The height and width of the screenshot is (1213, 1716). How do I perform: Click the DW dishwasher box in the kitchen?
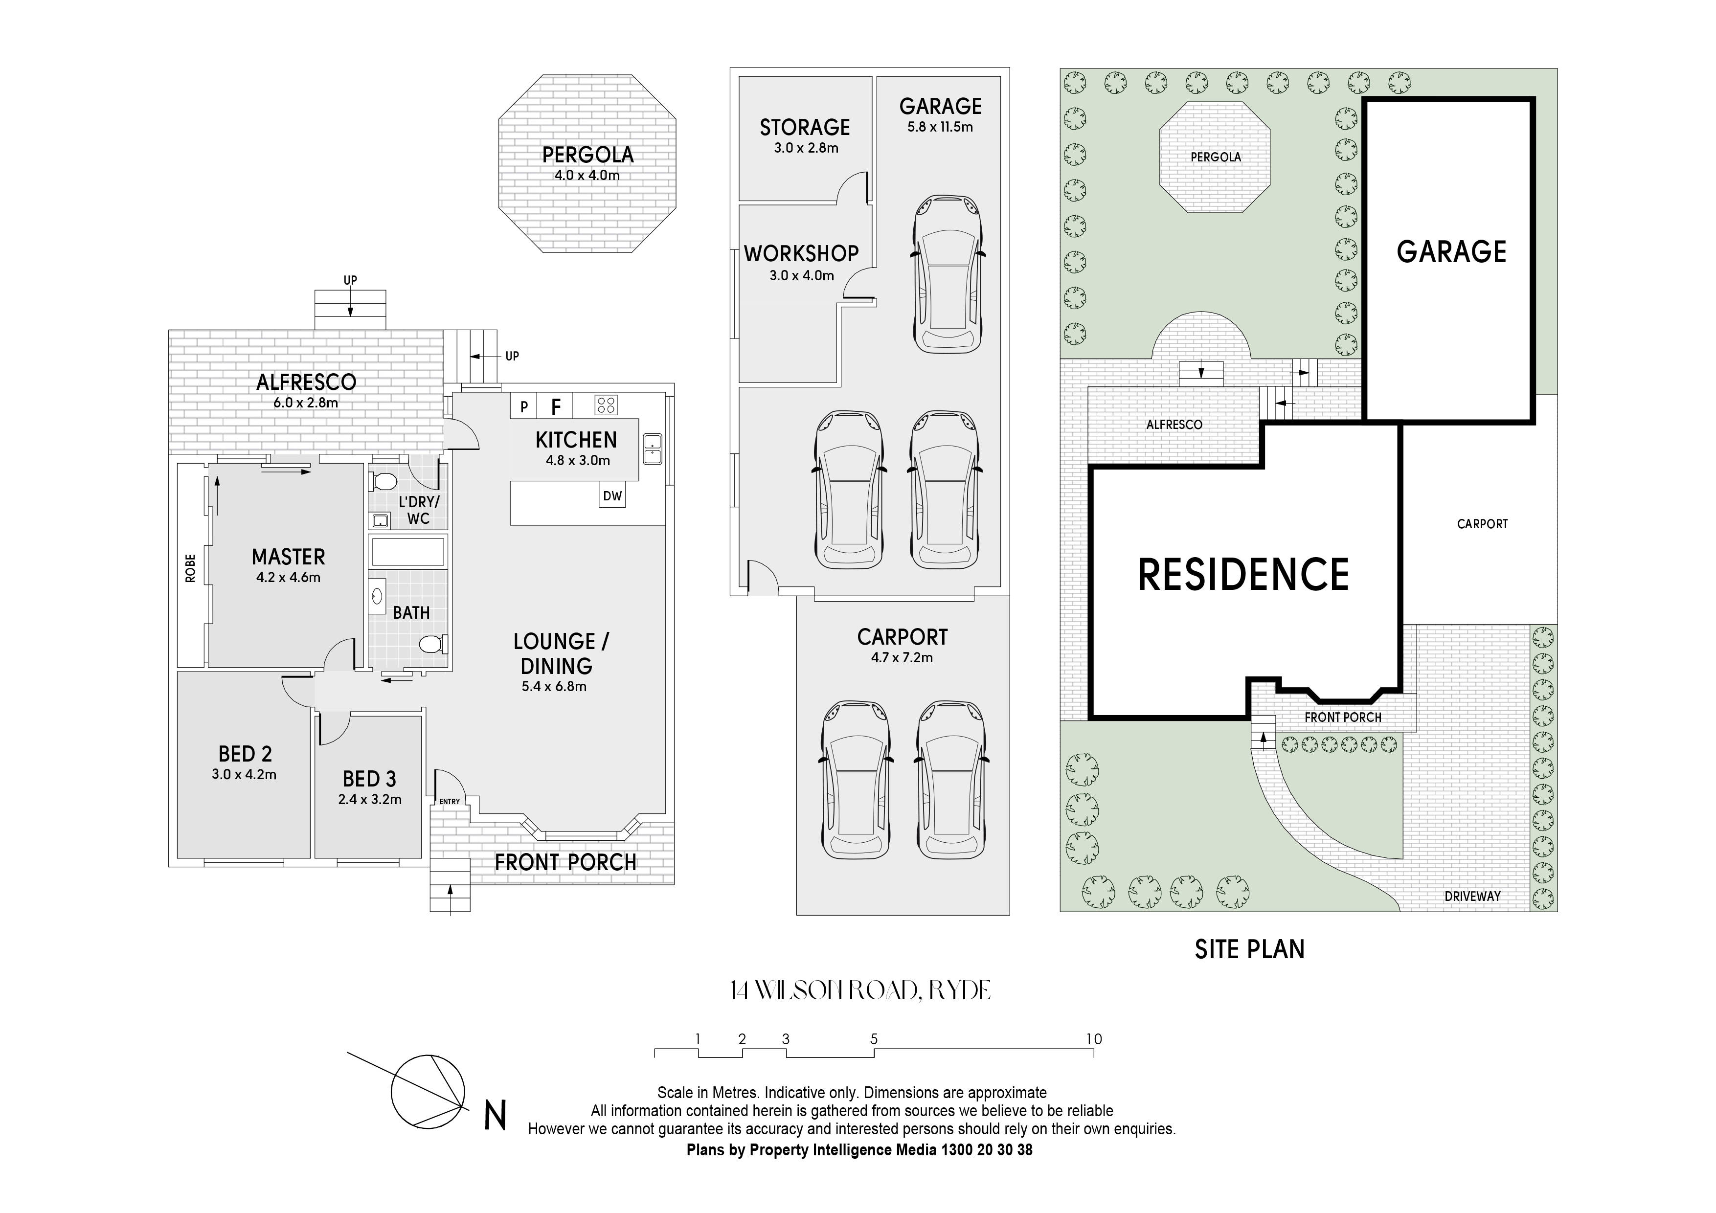pyautogui.click(x=612, y=495)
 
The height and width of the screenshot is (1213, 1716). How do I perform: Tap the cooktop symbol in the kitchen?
pyautogui.click(x=606, y=405)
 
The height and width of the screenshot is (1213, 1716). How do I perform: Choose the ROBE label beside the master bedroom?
pyautogui.click(x=191, y=568)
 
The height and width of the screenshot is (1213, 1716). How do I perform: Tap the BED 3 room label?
pyautogui.click(x=369, y=779)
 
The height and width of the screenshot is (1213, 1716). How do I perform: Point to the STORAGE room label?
pyautogui.click(x=805, y=128)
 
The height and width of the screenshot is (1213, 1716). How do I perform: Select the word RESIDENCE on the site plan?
pyautogui.click(x=1243, y=575)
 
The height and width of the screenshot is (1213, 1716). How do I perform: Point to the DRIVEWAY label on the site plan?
pyautogui.click(x=1472, y=896)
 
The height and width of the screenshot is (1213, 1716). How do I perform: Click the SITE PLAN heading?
pyautogui.click(x=1250, y=949)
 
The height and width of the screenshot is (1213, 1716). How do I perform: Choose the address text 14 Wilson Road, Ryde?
pyautogui.click(x=860, y=991)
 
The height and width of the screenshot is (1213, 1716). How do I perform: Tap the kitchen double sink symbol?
pyautogui.click(x=652, y=449)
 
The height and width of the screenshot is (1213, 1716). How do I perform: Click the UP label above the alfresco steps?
pyautogui.click(x=350, y=280)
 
